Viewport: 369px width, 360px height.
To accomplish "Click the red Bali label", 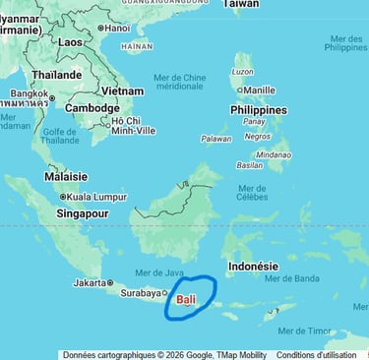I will point(186,299).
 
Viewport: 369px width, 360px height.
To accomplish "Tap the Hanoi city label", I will point(116,28).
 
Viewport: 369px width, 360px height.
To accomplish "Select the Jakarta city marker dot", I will point(109,283).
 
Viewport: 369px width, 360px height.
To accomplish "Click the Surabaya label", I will point(139,292).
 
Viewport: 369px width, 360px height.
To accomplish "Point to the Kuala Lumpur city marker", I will point(63,197).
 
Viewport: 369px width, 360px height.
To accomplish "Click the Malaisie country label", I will point(66,177).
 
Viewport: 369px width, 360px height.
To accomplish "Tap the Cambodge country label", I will point(92,108).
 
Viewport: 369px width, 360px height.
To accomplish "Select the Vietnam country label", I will point(122,90).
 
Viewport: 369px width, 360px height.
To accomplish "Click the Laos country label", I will point(70,42).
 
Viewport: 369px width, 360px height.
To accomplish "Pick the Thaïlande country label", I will point(56,75).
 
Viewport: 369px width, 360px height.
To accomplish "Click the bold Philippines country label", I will point(259,110).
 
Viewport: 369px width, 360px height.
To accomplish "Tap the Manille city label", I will point(259,90).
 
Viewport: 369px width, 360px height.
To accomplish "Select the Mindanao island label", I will point(274,154).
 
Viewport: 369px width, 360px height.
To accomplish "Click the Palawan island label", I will point(215,139).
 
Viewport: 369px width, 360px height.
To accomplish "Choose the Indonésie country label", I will point(253,266).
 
